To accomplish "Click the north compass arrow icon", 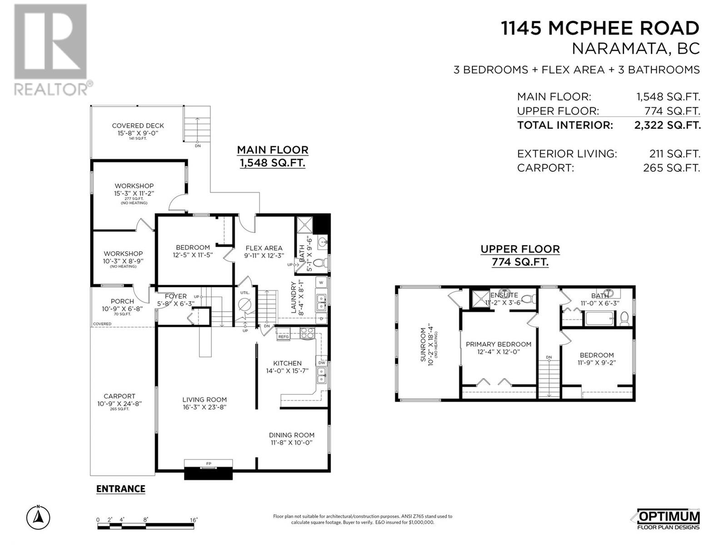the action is (x=38, y=517).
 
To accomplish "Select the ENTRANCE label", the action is (x=120, y=489).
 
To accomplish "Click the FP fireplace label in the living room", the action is (x=209, y=464).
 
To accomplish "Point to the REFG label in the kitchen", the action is (x=284, y=337).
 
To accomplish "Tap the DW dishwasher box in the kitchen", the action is (x=322, y=362).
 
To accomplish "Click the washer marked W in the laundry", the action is (x=321, y=283).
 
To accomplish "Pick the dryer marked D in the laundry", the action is (x=321, y=319).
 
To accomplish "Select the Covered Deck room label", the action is (x=138, y=126).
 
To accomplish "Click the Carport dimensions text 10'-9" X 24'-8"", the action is (x=119, y=404).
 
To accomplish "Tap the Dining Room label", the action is (x=291, y=435).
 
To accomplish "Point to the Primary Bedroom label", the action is (x=498, y=344).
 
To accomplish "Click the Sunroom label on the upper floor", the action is (x=423, y=344).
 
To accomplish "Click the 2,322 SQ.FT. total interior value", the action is (x=667, y=125).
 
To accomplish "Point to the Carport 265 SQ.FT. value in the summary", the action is (x=672, y=168).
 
